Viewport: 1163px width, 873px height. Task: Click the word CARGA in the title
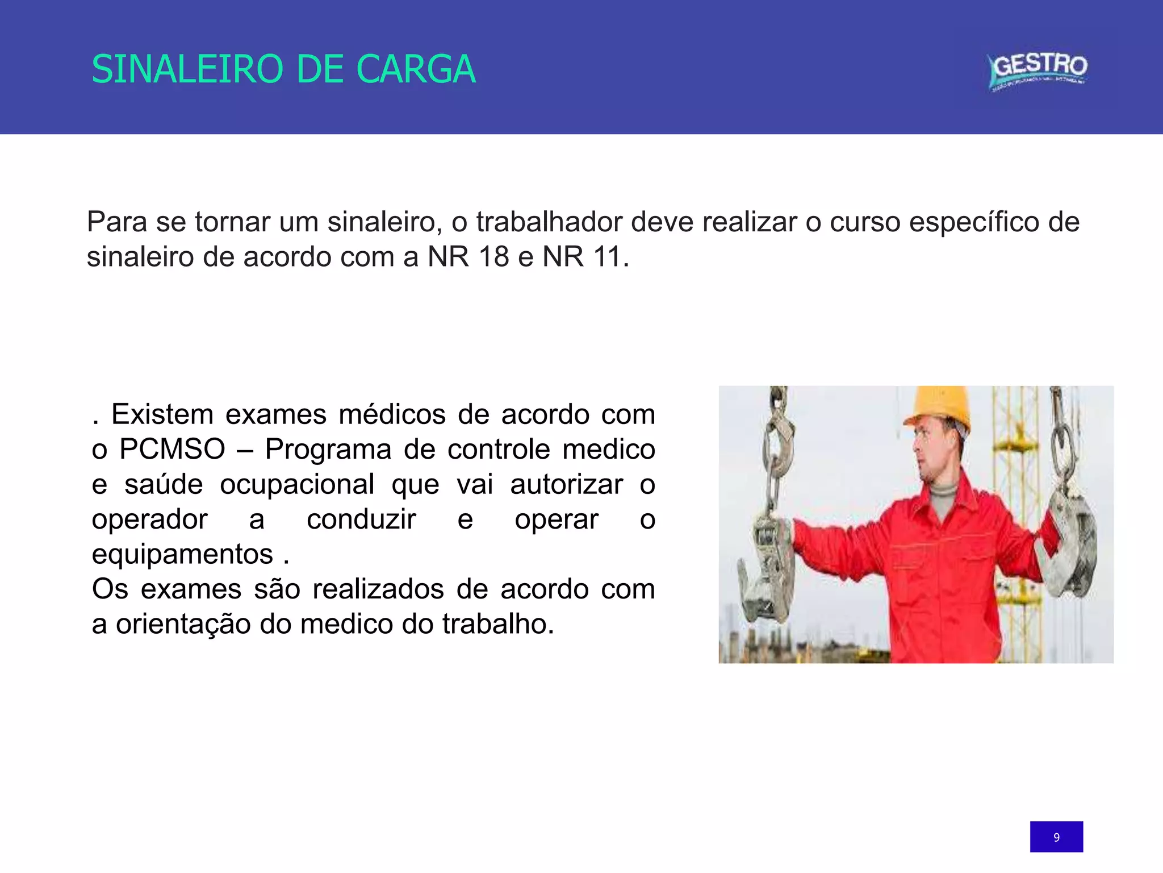pyautogui.click(x=416, y=69)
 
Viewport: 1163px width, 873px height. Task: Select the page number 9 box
pyautogui.click(x=1056, y=837)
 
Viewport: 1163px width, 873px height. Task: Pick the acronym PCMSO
pyautogui.click(x=172, y=449)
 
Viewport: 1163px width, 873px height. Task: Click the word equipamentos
pyautogui.click(x=182, y=555)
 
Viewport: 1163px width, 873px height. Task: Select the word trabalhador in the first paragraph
pyautogui.click(x=549, y=222)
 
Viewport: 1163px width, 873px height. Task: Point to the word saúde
pyautogui.click(x=164, y=484)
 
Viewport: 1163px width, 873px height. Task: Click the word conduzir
pyautogui.click(x=361, y=519)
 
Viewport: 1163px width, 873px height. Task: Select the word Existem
pyautogui.click(x=162, y=414)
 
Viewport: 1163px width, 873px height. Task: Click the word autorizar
pyautogui.click(x=566, y=484)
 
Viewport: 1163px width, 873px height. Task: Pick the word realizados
pyautogui.click(x=378, y=589)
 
